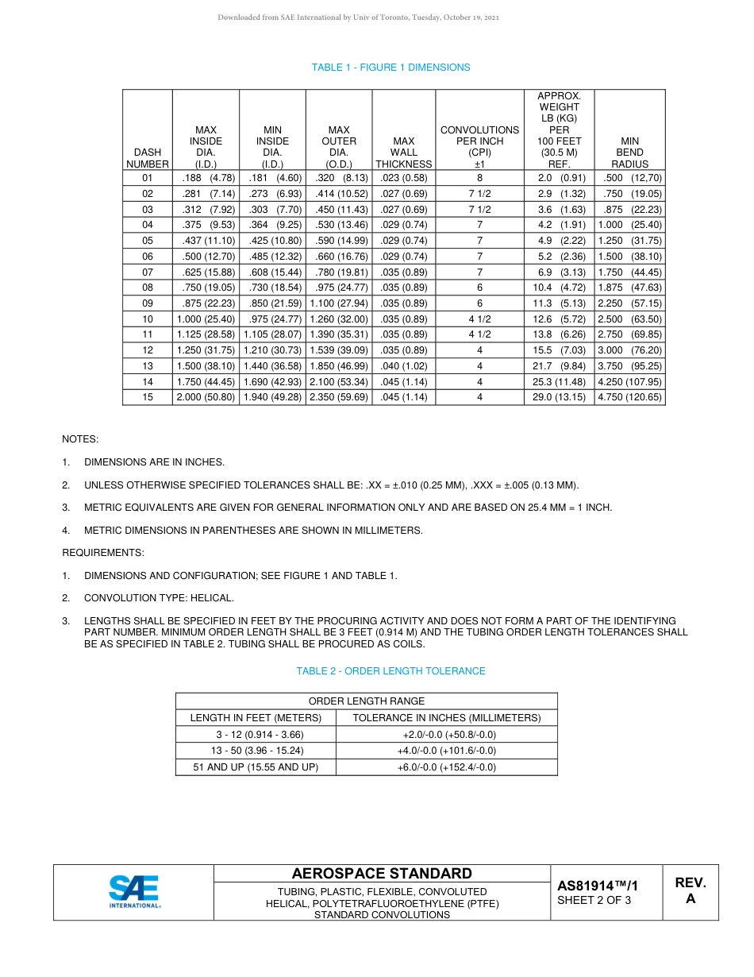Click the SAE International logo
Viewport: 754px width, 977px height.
[135, 891]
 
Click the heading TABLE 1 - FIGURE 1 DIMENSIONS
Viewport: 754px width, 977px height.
[390, 68]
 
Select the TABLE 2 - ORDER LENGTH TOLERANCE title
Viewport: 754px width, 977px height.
[390, 671]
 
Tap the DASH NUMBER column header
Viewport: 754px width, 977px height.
[148, 158]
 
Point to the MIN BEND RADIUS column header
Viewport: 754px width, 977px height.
[629, 153]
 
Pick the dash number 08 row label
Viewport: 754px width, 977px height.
[148, 288]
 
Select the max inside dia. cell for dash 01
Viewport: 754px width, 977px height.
[206, 179]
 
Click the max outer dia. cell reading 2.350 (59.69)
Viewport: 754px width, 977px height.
[339, 397]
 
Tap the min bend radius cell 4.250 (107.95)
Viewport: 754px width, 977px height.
[629, 382]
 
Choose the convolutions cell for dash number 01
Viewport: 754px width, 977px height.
[479, 179]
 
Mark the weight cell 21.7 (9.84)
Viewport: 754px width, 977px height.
[559, 366]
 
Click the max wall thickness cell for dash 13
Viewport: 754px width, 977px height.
[404, 366]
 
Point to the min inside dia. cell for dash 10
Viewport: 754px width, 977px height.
[272, 319]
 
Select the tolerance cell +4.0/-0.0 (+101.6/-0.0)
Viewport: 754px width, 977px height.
[446, 751]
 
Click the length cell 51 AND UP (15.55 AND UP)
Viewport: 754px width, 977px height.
[256, 767]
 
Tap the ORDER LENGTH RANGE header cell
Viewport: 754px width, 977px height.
[367, 701]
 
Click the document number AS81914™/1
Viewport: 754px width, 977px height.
[597, 886]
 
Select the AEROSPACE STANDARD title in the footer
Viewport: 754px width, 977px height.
[382, 874]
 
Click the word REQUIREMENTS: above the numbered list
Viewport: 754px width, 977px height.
[103, 553]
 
